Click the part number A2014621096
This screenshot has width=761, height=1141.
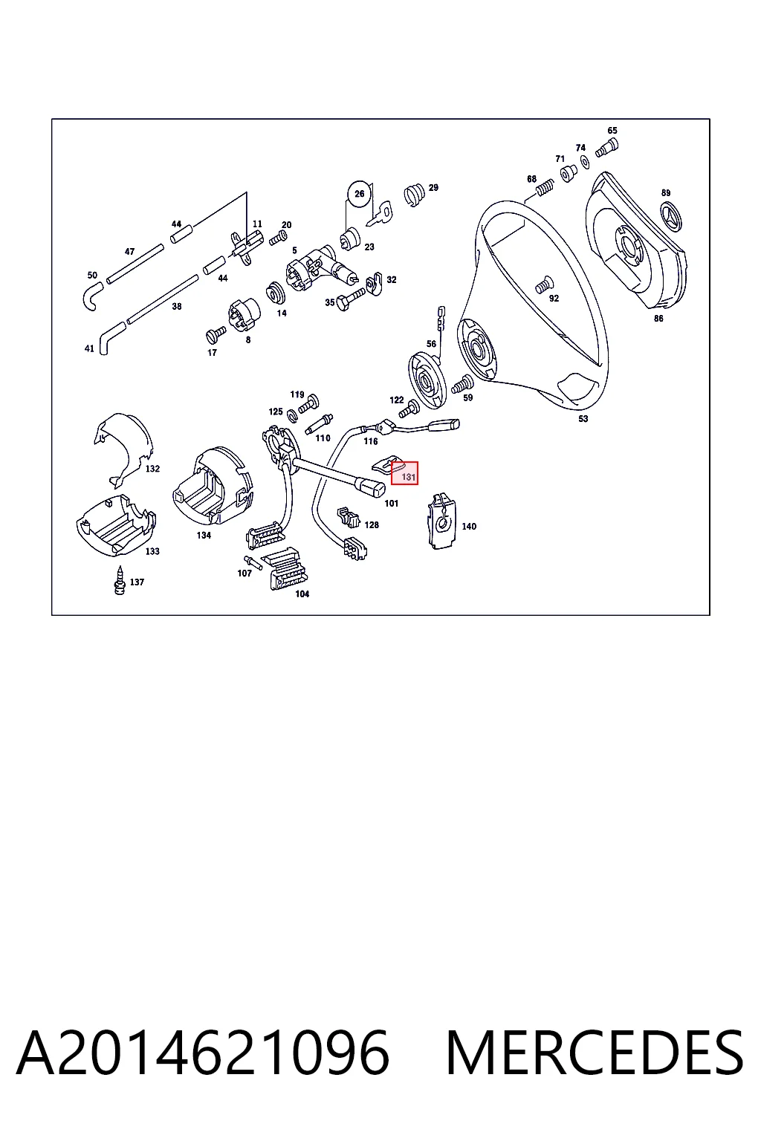[x=203, y=1053]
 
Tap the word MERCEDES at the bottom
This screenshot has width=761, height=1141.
[x=595, y=1053]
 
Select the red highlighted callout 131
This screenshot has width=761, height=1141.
[x=405, y=473]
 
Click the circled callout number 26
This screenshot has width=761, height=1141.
[x=360, y=194]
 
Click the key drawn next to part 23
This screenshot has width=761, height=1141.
[x=380, y=214]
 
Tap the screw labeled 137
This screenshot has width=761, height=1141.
[x=120, y=581]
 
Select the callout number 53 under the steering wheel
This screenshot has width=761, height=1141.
[x=583, y=419]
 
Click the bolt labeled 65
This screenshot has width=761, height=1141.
[x=609, y=146]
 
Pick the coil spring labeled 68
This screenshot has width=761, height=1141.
[x=545, y=187]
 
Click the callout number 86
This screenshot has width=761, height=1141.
[x=658, y=319]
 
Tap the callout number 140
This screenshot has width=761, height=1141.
[x=469, y=526]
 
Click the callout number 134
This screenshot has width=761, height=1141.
[x=204, y=535]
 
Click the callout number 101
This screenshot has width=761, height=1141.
[x=392, y=503]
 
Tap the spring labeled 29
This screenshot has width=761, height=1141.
[x=415, y=194]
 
